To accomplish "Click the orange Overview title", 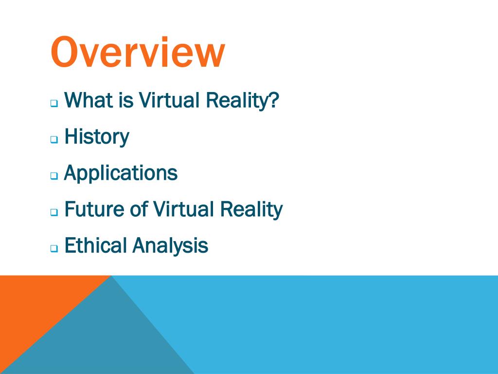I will [138, 53].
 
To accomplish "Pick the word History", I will [97, 137].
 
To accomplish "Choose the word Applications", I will [121, 173].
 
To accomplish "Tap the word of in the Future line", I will [138, 209].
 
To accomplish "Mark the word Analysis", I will [170, 246].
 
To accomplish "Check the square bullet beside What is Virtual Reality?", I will [54, 103].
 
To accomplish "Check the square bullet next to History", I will [54, 139].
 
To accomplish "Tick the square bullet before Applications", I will [54, 176].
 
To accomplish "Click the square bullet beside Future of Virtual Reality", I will [54, 212].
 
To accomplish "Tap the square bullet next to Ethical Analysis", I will [54, 248].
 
